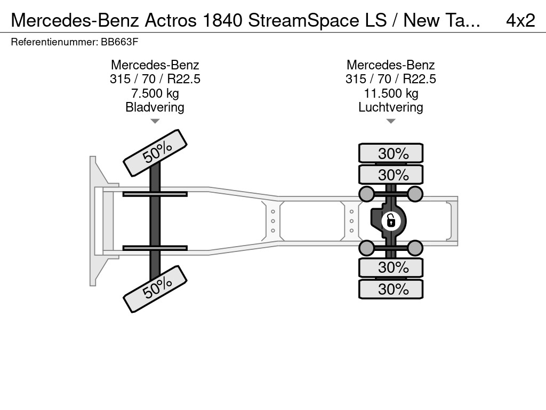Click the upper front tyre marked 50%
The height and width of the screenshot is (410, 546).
(x=155, y=153)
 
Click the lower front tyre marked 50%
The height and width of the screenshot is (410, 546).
(x=155, y=289)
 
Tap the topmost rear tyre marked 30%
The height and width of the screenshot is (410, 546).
(x=391, y=153)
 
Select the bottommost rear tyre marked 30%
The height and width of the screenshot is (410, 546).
(x=391, y=289)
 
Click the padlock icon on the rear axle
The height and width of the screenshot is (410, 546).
(x=391, y=221)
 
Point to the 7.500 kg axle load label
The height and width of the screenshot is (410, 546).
(x=155, y=93)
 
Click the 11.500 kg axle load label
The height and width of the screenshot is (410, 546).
(x=391, y=93)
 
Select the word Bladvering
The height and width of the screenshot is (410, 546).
(x=155, y=107)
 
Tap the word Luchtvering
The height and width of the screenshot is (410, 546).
(x=391, y=107)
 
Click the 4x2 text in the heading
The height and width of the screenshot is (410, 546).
(x=520, y=20)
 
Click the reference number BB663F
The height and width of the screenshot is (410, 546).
(x=119, y=42)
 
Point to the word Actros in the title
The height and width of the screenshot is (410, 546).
(x=171, y=20)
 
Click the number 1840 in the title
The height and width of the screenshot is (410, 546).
(x=222, y=20)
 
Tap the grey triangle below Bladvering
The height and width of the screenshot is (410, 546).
(x=155, y=121)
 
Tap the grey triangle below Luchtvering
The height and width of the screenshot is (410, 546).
(x=391, y=121)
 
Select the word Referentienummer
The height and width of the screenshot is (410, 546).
(x=54, y=42)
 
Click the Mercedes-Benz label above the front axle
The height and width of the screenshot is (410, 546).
(x=155, y=65)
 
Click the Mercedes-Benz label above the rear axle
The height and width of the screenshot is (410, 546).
(x=391, y=65)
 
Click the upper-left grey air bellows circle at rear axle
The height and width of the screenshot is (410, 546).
(x=367, y=194)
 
